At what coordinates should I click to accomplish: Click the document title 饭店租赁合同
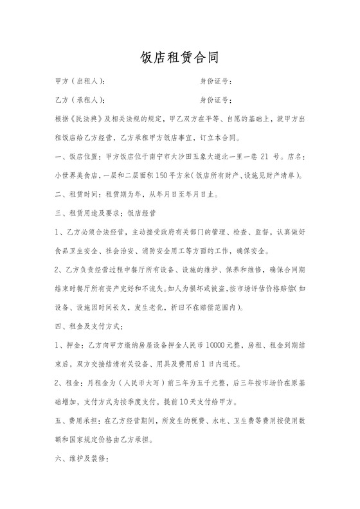click(179, 58)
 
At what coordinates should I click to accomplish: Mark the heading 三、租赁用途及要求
click(90, 211)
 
